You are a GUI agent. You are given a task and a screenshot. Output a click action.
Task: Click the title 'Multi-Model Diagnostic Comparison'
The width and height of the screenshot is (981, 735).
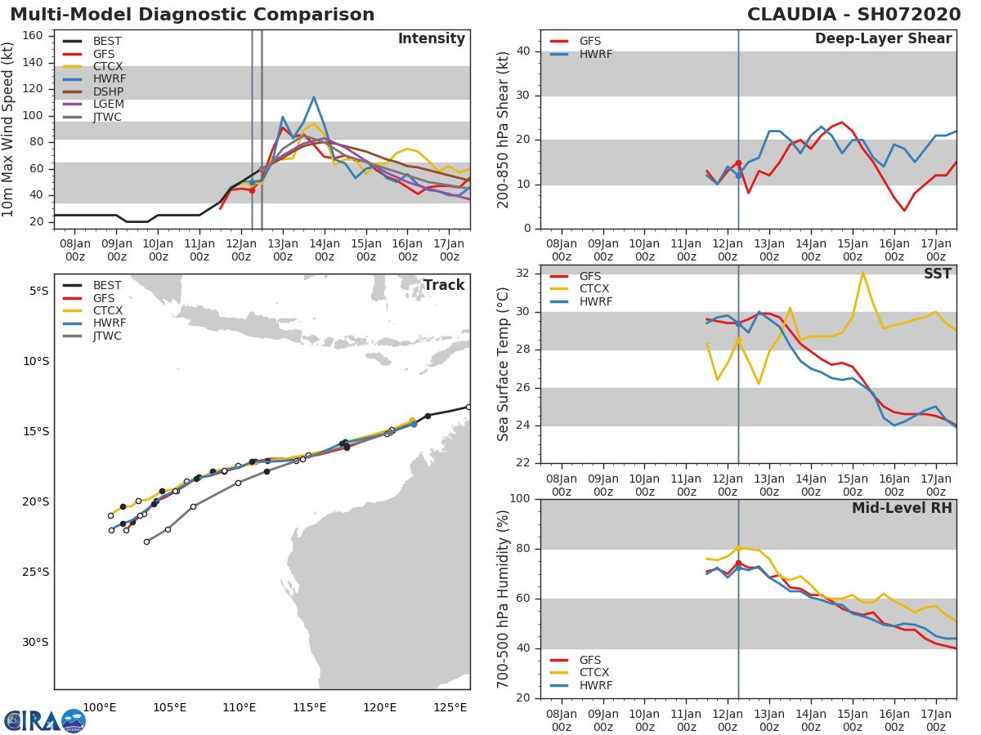tap(192, 15)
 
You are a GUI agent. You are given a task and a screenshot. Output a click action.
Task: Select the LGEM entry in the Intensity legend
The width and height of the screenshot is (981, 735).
tap(107, 105)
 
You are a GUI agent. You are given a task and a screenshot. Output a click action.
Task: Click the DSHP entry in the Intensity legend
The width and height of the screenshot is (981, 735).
tap(107, 91)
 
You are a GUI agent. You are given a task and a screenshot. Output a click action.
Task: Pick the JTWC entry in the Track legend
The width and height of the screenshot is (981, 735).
tap(107, 336)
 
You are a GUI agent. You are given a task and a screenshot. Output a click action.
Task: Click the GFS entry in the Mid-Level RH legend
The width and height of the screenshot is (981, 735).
tap(589, 660)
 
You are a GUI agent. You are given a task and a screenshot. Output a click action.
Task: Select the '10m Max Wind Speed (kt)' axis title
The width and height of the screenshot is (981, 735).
tap(9, 129)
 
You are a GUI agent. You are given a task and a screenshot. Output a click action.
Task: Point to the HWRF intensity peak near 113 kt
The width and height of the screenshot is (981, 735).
tap(313, 97)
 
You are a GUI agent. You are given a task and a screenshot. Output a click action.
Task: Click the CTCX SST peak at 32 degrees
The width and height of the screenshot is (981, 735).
tap(862, 272)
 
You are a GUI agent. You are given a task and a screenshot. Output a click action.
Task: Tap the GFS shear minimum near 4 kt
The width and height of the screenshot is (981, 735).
tap(904, 211)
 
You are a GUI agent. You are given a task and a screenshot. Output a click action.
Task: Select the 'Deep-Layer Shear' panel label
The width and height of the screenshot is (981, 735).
tap(883, 39)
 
